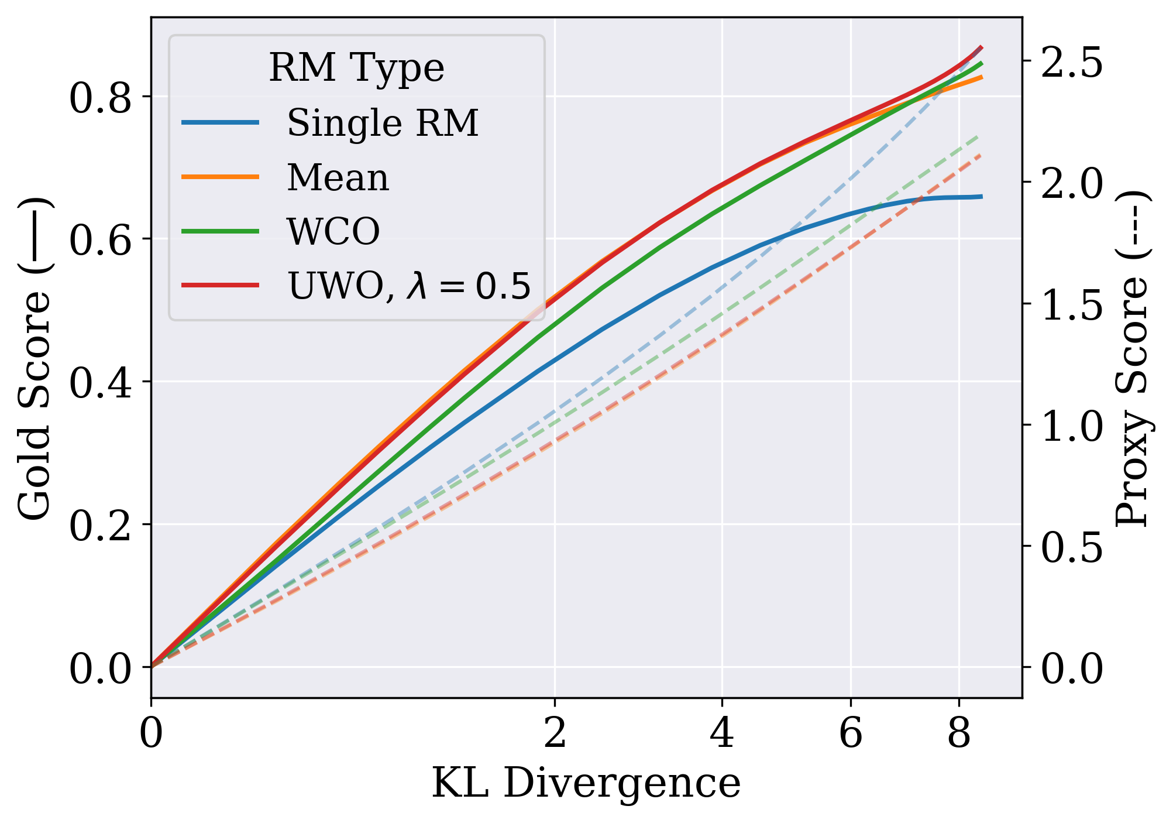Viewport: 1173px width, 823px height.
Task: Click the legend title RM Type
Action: pyautogui.click(x=356, y=68)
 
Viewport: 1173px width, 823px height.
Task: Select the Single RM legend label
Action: pyautogui.click(x=383, y=124)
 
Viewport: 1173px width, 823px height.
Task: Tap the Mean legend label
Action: pyautogui.click(x=338, y=178)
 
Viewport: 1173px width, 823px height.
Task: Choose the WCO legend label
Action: pyautogui.click(x=333, y=231)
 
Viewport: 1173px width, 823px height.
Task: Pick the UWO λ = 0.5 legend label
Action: pyautogui.click(x=409, y=286)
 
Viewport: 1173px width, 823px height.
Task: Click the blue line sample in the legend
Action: pyautogui.click(x=220, y=123)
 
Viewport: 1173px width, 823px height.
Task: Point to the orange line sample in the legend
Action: pyautogui.click(x=220, y=177)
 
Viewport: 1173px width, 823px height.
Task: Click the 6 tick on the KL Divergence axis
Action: pyautogui.click(x=850, y=734)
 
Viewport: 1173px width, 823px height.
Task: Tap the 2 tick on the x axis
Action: pyautogui.click(x=555, y=734)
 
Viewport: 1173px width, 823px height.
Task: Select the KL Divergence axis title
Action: pyautogui.click(x=586, y=784)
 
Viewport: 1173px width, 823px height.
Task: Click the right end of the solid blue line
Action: pyautogui.click(x=982, y=197)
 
